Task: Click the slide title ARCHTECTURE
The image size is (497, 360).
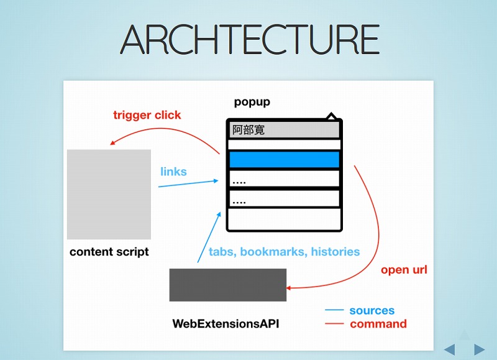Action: [x=250, y=39]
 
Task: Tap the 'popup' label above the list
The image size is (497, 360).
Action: [x=252, y=102]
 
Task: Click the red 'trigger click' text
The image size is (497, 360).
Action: [x=147, y=115]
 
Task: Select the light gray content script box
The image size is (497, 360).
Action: [x=109, y=194]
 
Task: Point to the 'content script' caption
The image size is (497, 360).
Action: [x=109, y=252]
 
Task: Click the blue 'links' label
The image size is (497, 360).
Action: [x=173, y=172]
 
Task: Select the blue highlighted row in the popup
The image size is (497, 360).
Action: [x=284, y=159]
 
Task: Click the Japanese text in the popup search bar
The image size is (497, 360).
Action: [x=248, y=130]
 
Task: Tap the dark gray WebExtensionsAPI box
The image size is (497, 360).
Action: [x=228, y=285]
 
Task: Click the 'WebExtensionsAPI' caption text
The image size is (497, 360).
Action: [x=226, y=323]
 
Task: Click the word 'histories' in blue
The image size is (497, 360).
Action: [x=335, y=252]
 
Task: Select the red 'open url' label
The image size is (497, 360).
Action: [x=404, y=270]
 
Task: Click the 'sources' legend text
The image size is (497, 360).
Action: [x=372, y=310]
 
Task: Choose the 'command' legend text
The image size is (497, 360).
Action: [x=378, y=324]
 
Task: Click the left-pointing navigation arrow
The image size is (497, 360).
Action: [x=449, y=349]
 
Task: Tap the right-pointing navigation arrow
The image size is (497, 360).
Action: [x=480, y=349]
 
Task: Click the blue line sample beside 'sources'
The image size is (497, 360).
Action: [x=334, y=310]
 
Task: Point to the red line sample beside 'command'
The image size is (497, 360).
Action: [x=334, y=323]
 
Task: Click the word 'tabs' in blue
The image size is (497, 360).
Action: [x=222, y=252]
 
